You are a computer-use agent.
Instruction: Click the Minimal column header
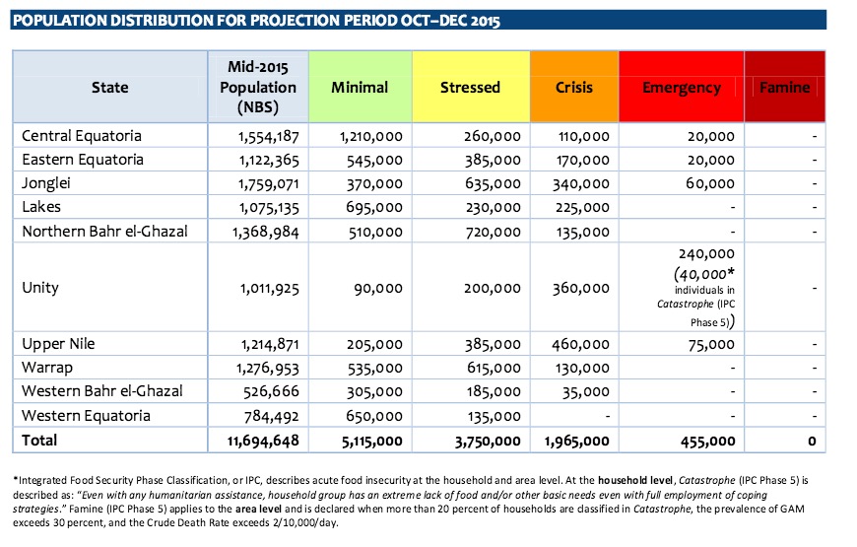(360, 87)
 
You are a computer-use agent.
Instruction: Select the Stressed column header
(471, 87)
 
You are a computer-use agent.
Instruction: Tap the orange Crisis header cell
(574, 87)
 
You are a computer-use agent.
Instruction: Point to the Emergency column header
(681, 87)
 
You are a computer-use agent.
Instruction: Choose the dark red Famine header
(784, 87)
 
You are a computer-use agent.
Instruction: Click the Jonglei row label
(46, 183)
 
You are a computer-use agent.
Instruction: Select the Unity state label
(40, 288)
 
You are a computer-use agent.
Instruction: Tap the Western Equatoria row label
(86, 416)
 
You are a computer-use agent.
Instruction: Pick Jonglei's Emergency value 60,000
(710, 183)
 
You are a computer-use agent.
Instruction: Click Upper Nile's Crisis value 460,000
(580, 344)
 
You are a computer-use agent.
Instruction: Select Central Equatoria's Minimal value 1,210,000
(371, 136)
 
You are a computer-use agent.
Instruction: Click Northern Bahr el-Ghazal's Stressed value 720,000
(493, 232)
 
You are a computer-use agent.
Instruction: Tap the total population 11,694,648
(263, 441)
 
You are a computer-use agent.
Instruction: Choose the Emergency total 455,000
(708, 441)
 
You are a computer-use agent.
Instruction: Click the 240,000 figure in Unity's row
(706, 254)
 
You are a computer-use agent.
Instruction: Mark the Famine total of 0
(813, 441)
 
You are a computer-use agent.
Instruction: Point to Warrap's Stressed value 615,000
(494, 369)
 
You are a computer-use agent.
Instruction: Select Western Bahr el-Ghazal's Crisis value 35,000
(586, 391)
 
